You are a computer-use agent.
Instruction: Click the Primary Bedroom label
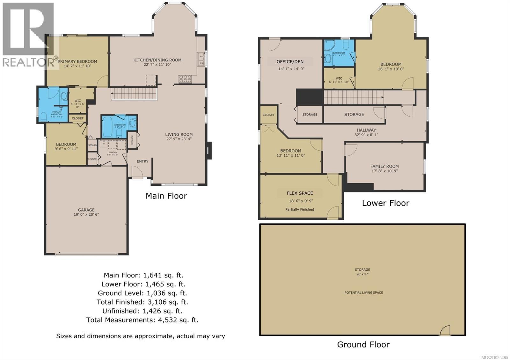77,61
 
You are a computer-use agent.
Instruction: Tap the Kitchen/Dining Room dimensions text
157,65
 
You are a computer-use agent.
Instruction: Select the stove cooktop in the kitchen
185,79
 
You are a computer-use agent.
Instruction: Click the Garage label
86,210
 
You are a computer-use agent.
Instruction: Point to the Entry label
142,161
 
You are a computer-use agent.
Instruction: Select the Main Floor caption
166,196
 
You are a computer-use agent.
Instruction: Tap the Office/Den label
290,61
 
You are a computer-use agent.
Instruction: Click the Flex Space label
300,193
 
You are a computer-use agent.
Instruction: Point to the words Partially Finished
300,209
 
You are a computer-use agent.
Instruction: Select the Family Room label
384,166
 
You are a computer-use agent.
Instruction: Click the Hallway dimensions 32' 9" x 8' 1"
366,135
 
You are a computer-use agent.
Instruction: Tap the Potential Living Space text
363,292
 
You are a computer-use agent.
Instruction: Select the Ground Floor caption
363,344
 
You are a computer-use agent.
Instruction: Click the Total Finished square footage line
142,302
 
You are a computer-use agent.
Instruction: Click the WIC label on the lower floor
339,78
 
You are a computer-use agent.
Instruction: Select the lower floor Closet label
268,115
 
